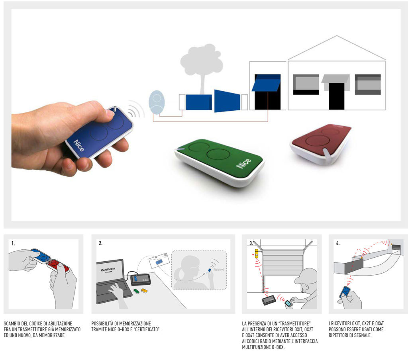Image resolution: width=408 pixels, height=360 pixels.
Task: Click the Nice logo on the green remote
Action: click(x=243, y=163)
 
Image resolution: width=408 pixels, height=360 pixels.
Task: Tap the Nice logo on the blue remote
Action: click(x=79, y=146)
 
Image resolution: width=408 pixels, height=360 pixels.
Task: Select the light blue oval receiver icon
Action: click(x=157, y=102)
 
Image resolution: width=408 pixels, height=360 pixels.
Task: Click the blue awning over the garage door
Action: click(x=266, y=83)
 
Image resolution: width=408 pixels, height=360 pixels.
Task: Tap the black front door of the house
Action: click(x=336, y=96)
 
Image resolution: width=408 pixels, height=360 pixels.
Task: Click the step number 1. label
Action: click(x=13, y=243)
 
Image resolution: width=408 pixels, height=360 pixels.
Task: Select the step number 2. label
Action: click(x=100, y=243)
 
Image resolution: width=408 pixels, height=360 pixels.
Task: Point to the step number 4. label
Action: click(x=338, y=243)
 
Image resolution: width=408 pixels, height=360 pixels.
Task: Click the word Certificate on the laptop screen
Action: click(x=108, y=269)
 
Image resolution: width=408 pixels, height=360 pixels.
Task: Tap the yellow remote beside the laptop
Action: click(x=144, y=290)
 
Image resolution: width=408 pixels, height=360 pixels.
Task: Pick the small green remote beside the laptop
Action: click(x=136, y=291)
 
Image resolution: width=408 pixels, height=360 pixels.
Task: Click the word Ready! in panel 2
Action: click(x=219, y=270)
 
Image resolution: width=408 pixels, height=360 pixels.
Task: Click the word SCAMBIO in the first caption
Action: click(x=12, y=324)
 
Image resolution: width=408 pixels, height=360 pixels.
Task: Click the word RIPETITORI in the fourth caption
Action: click(x=340, y=335)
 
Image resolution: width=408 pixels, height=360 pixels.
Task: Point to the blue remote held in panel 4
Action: click(x=345, y=292)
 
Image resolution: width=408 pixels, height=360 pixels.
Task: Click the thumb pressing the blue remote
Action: click(x=108, y=113)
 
